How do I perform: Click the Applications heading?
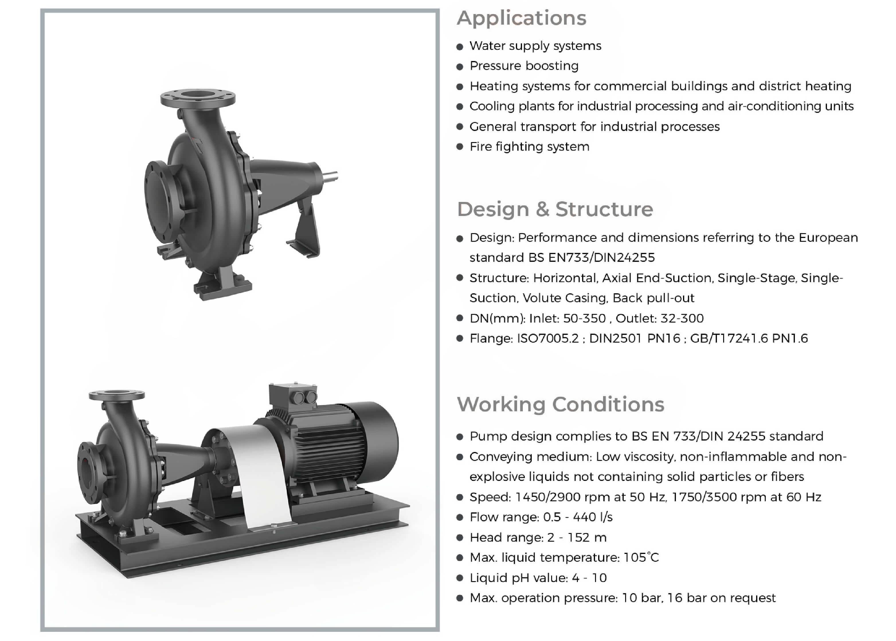pos(521,18)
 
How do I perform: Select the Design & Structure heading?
pos(555,209)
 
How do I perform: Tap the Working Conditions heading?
pos(561,405)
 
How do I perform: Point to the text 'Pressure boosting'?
pos(524,66)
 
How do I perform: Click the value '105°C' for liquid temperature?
pos(641,557)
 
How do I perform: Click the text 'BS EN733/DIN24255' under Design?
pos(592,258)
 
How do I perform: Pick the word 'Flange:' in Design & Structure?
pos(491,339)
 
